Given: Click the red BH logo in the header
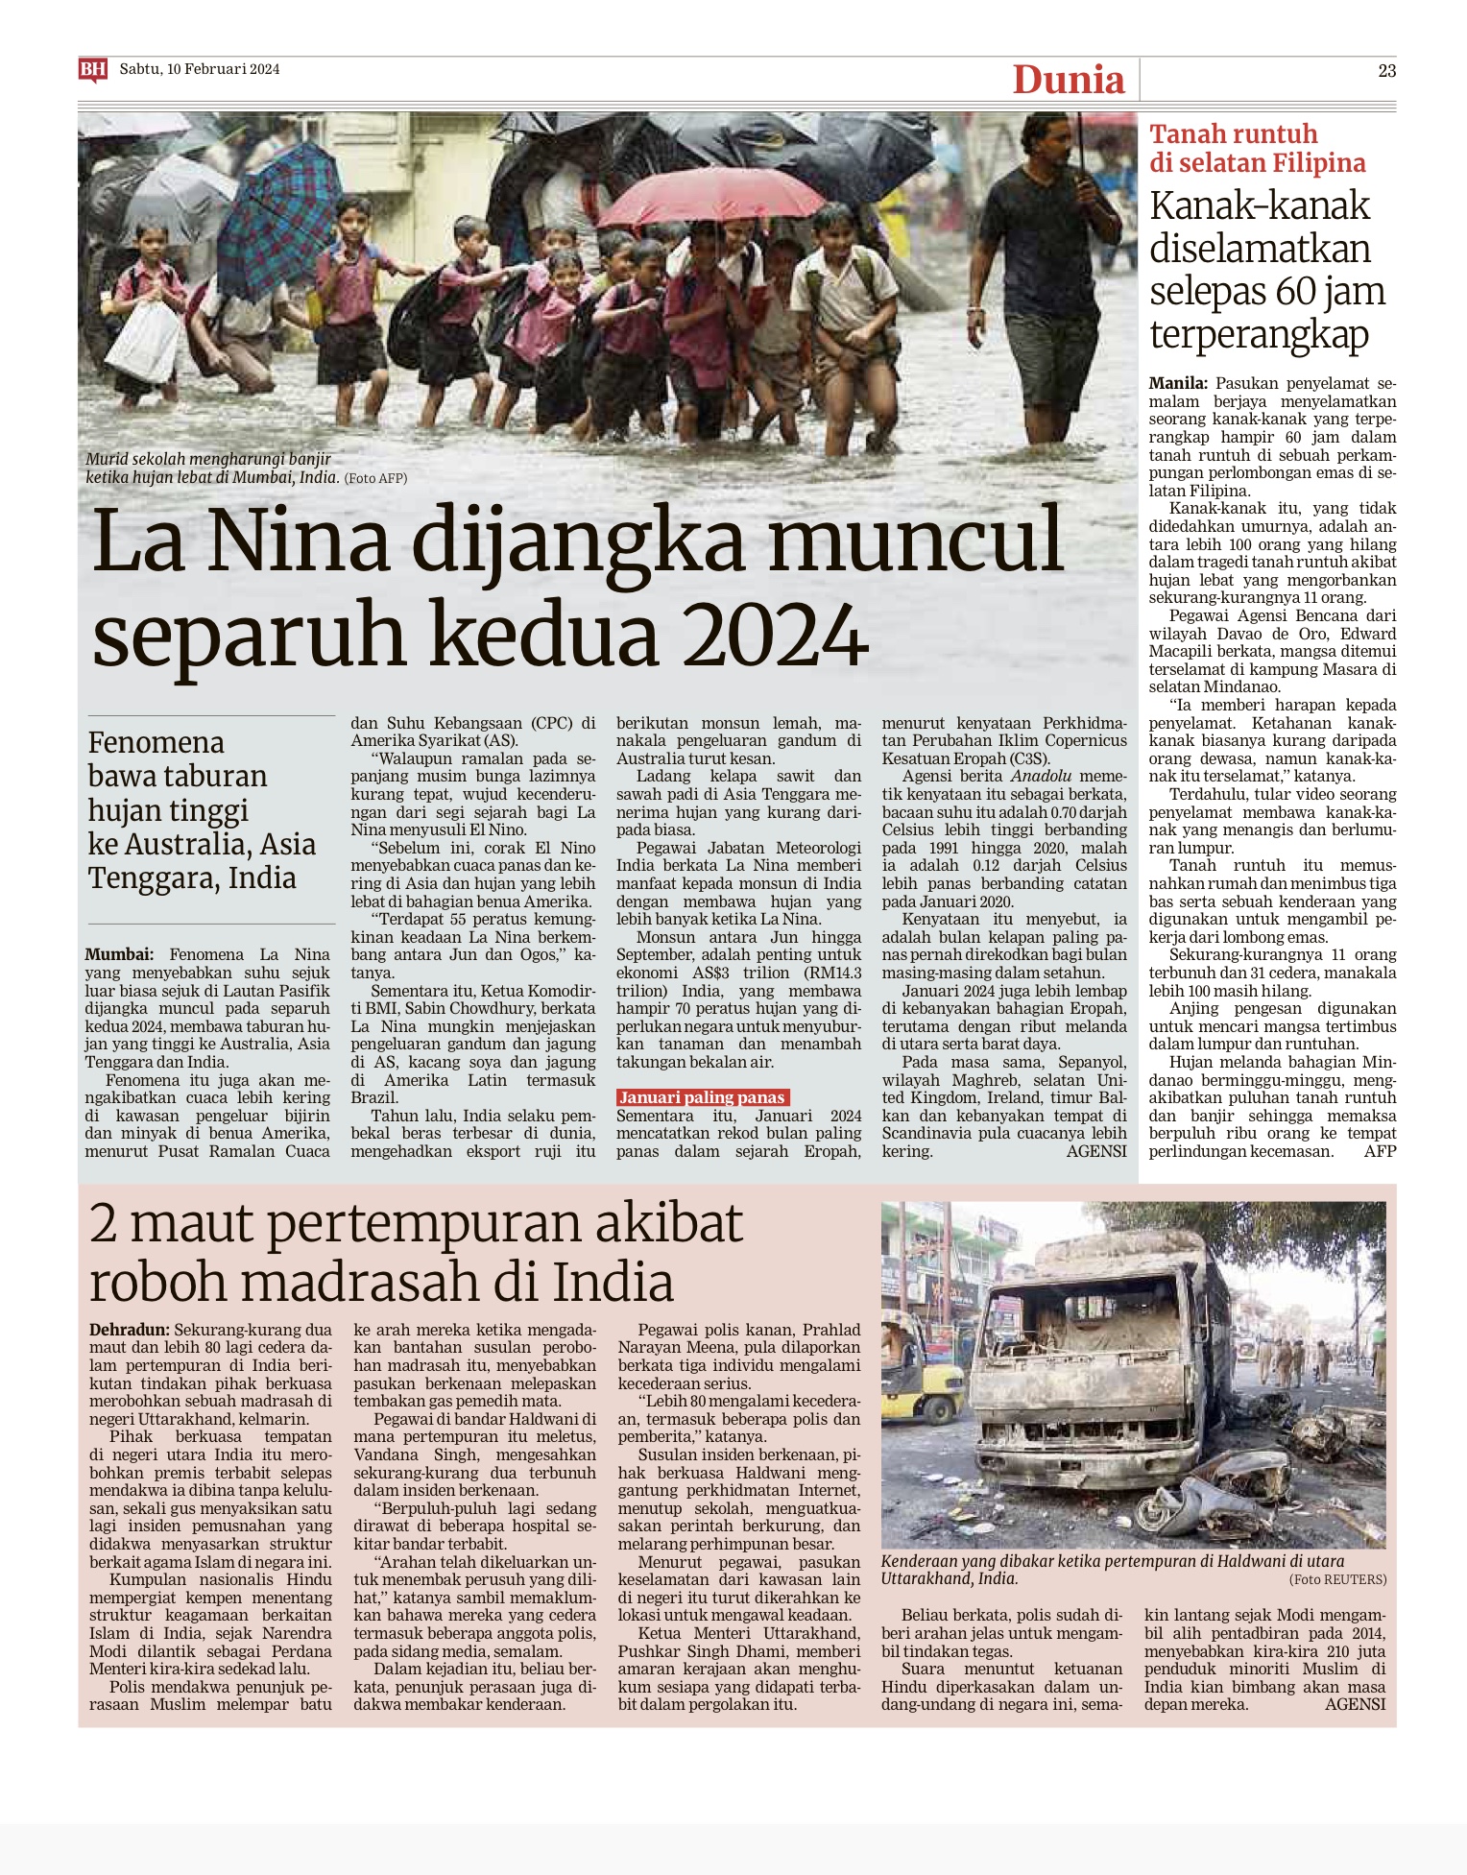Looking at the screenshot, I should click(92, 69).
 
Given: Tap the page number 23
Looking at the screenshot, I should click(1386, 70).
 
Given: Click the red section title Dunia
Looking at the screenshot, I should click(1068, 80).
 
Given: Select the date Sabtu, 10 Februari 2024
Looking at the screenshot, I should click(200, 69).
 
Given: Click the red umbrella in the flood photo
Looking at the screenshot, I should click(709, 197).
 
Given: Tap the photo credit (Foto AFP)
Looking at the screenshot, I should click(375, 478).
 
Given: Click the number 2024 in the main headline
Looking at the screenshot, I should click(775, 636).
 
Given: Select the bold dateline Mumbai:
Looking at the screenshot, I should click(119, 954).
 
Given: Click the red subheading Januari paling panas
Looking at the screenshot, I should click(702, 1097).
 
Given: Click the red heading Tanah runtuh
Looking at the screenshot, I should click(1233, 134).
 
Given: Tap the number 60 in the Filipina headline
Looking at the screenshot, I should click(1294, 292).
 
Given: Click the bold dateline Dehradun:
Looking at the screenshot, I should click(130, 1330).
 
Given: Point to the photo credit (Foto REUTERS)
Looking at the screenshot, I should click(1337, 1579).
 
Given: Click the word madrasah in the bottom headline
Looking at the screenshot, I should click(388, 1283).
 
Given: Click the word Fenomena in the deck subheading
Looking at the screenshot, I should click(156, 743).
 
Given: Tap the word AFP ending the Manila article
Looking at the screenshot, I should click(1380, 1151).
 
